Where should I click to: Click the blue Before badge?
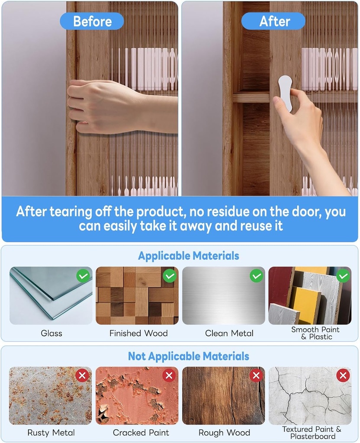(x=92, y=21)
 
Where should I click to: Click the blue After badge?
(x=273, y=21)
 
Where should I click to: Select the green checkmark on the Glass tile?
(x=84, y=276)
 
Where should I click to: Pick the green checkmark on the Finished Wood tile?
(x=170, y=276)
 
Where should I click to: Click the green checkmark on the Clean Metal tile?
(x=257, y=276)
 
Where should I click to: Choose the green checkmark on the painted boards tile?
(x=343, y=276)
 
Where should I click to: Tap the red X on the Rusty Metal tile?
(x=83, y=376)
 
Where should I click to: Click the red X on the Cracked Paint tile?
(x=169, y=376)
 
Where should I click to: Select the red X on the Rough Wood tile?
(x=256, y=376)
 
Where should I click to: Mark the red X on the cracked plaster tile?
(x=343, y=376)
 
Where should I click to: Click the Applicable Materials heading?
(x=189, y=256)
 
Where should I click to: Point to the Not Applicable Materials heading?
(x=189, y=356)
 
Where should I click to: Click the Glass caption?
(x=51, y=334)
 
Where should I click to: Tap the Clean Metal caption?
(x=229, y=334)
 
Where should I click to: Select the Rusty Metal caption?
(x=51, y=433)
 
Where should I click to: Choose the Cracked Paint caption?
(x=141, y=433)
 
